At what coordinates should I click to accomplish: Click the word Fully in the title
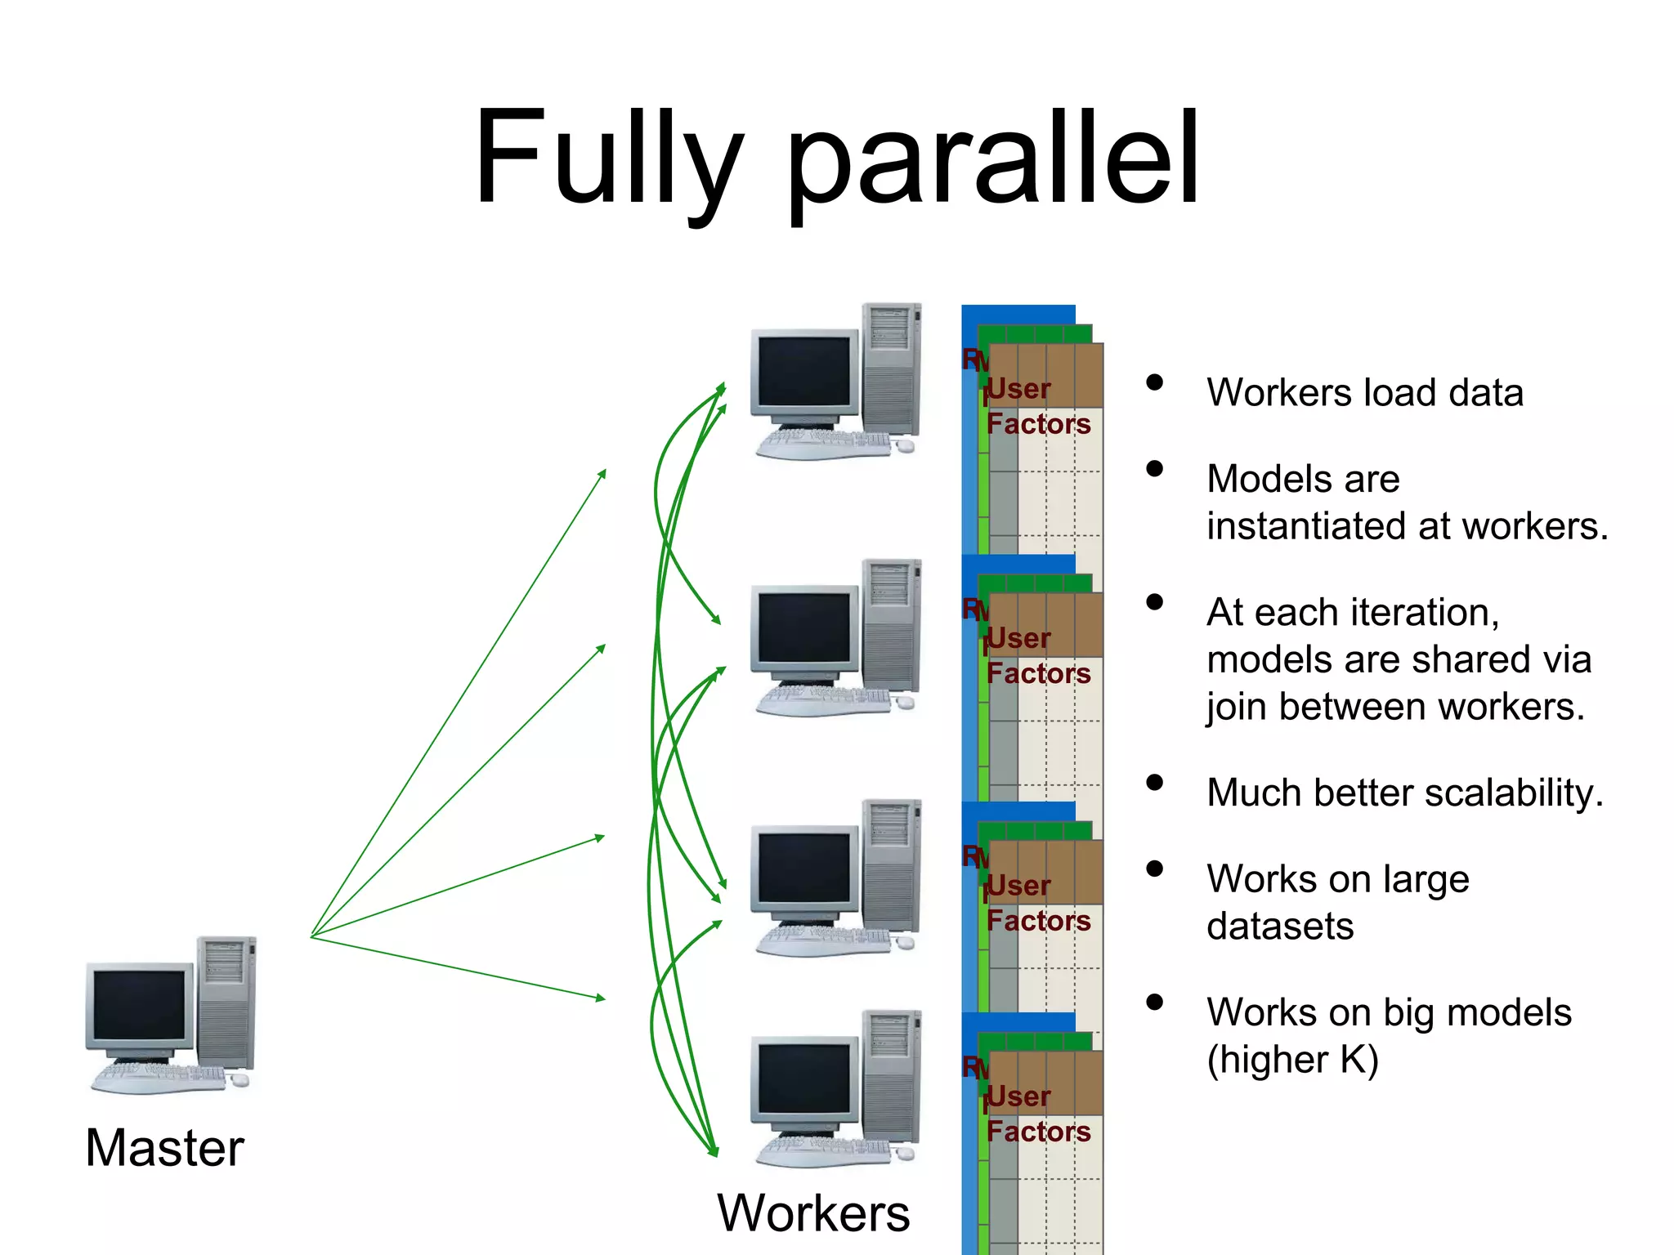click(609, 159)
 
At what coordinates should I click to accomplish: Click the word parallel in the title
click(993, 159)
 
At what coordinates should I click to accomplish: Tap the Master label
click(164, 1148)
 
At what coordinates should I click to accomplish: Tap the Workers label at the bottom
click(813, 1213)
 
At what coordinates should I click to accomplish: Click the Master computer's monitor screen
click(139, 1005)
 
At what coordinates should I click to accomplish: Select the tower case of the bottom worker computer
click(891, 1079)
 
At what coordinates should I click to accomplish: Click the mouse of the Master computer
click(239, 1080)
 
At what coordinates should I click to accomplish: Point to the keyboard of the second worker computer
click(821, 699)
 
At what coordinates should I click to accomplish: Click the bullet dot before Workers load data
click(1154, 382)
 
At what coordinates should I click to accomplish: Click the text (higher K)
click(1292, 1060)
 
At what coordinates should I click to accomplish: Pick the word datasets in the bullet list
click(1280, 927)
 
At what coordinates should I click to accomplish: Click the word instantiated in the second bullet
click(1307, 526)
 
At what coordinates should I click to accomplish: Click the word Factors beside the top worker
click(1038, 424)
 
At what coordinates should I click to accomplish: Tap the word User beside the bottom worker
click(1018, 1096)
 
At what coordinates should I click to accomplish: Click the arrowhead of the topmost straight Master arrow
click(603, 471)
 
